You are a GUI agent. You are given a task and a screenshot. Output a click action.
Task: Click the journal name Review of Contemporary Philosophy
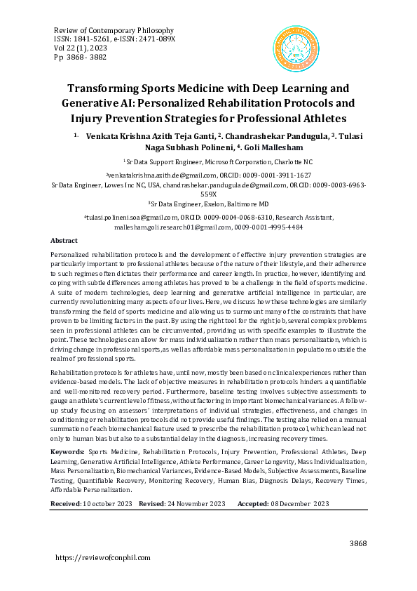point(114,31)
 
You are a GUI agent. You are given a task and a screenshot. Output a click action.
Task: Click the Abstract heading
point(65,240)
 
